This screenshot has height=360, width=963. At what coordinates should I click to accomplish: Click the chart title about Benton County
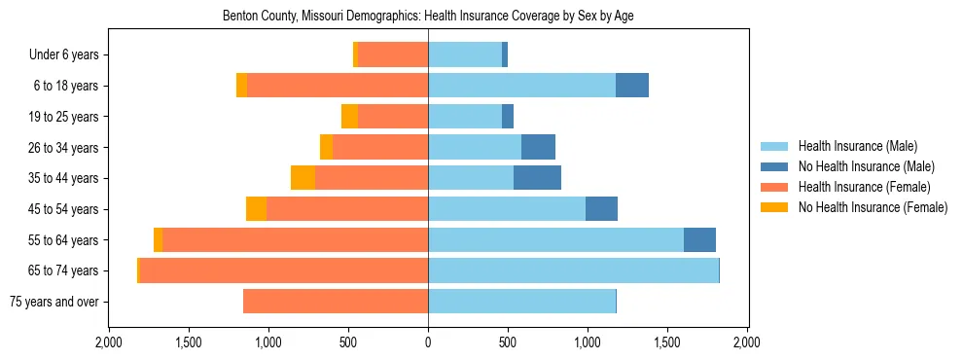[x=428, y=17]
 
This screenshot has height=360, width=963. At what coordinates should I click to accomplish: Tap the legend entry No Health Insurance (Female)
[x=873, y=207]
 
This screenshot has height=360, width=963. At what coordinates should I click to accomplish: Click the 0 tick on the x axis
[x=428, y=342]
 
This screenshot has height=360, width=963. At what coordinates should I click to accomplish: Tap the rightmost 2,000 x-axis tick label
[x=746, y=342]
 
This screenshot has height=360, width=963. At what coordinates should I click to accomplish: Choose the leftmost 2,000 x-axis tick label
[x=109, y=342]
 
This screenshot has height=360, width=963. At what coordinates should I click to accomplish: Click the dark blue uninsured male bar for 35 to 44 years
[x=537, y=178]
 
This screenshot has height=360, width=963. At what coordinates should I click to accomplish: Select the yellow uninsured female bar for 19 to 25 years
[x=349, y=117]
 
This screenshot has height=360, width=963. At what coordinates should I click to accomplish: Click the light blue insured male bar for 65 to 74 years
[x=573, y=270]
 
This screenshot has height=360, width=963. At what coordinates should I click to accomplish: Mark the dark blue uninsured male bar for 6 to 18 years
[x=632, y=86]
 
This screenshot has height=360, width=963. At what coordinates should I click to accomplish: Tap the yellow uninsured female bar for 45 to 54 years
[x=256, y=209]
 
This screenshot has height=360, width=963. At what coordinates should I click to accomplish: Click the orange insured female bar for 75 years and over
[x=336, y=302]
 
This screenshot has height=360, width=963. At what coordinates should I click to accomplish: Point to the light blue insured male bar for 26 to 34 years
[x=475, y=147]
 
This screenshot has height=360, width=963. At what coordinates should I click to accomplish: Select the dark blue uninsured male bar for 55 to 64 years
[x=699, y=239]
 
